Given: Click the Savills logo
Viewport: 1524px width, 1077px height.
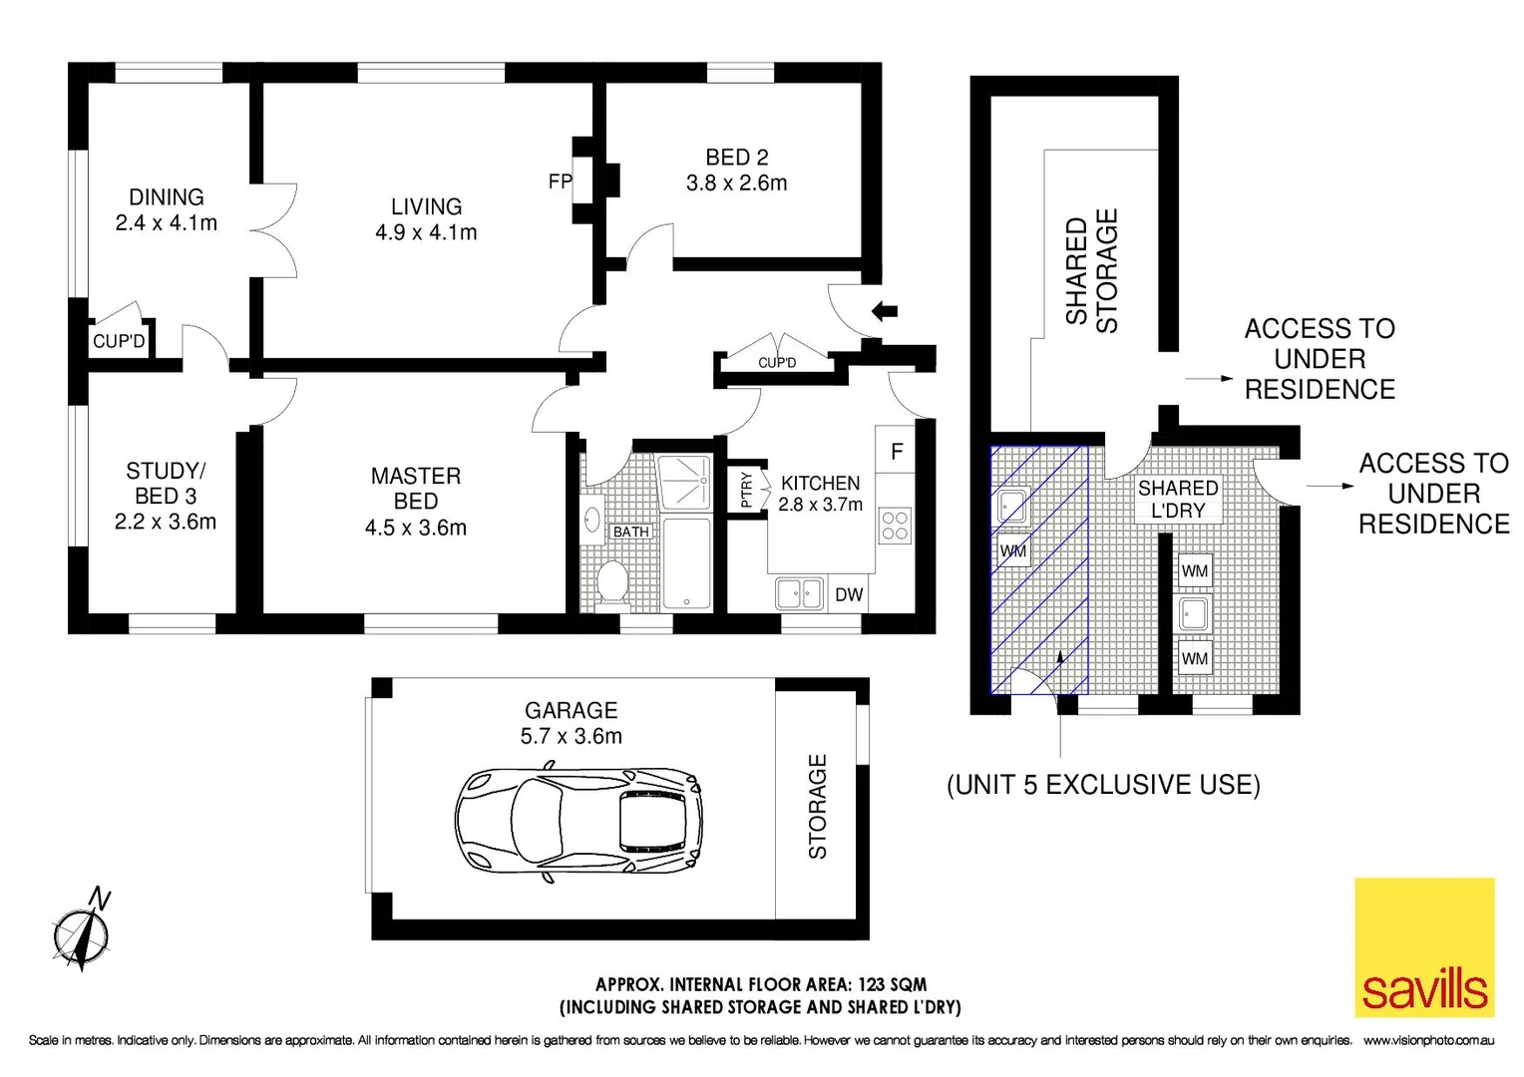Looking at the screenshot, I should click(x=1424, y=946).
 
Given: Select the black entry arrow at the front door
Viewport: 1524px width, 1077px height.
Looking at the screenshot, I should click(x=884, y=311).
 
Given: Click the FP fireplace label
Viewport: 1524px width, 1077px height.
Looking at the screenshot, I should click(x=560, y=181).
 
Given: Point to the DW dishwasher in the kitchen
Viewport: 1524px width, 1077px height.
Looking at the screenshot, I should click(x=849, y=595).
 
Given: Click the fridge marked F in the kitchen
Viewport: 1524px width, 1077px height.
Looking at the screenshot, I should click(x=897, y=452).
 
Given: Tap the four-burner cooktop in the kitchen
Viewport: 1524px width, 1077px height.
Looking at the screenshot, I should click(x=895, y=526).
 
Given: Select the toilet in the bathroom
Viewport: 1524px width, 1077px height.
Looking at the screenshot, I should click(x=610, y=581).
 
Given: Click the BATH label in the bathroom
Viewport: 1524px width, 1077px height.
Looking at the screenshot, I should click(x=630, y=532).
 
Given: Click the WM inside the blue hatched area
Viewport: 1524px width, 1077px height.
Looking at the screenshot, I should click(x=1013, y=550).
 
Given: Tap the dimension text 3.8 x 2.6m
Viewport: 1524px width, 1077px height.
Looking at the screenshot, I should click(x=736, y=183).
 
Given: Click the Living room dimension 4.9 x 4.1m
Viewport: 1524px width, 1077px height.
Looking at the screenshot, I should click(x=426, y=232).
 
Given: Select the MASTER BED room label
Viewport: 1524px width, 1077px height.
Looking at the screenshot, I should click(x=416, y=489).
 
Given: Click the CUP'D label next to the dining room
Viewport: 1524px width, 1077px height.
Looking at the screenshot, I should click(x=119, y=341).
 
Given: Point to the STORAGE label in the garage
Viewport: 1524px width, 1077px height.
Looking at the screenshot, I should click(x=818, y=807).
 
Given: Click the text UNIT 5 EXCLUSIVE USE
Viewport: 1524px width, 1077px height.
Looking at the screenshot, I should click(x=1103, y=785).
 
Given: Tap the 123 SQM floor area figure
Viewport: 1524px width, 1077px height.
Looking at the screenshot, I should click(x=892, y=984).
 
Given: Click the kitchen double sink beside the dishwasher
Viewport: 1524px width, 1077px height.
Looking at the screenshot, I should click(x=799, y=594).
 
